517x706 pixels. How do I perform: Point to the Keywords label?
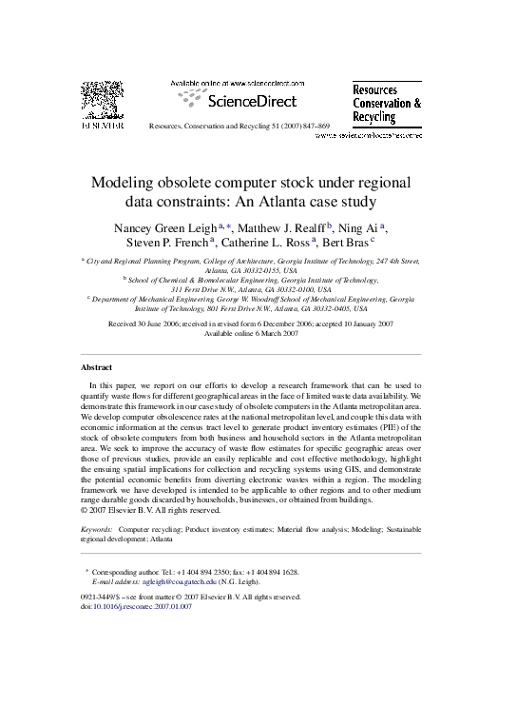coord(97,525)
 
